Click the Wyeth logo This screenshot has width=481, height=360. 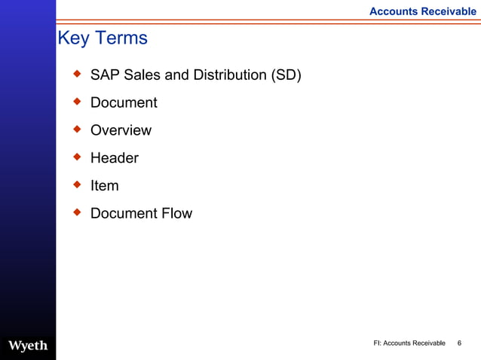tap(28, 346)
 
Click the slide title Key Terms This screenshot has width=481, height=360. tap(103, 38)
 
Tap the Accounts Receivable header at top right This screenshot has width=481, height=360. tap(422, 11)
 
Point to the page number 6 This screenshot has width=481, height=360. tap(460, 343)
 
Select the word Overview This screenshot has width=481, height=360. tap(121, 130)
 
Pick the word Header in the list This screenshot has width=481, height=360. tap(115, 158)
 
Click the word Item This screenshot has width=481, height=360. tap(104, 186)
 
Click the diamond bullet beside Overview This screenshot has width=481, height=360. tap(76, 129)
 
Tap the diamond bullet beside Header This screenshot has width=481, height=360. tap(76, 157)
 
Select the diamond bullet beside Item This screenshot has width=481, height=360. tap(76, 185)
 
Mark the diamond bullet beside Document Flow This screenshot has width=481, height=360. tap(76, 212)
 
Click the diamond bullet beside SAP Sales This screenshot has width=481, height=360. tap(76, 74)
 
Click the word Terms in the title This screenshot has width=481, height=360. tap(120, 38)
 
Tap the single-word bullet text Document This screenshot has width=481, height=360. tap(124, 103)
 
